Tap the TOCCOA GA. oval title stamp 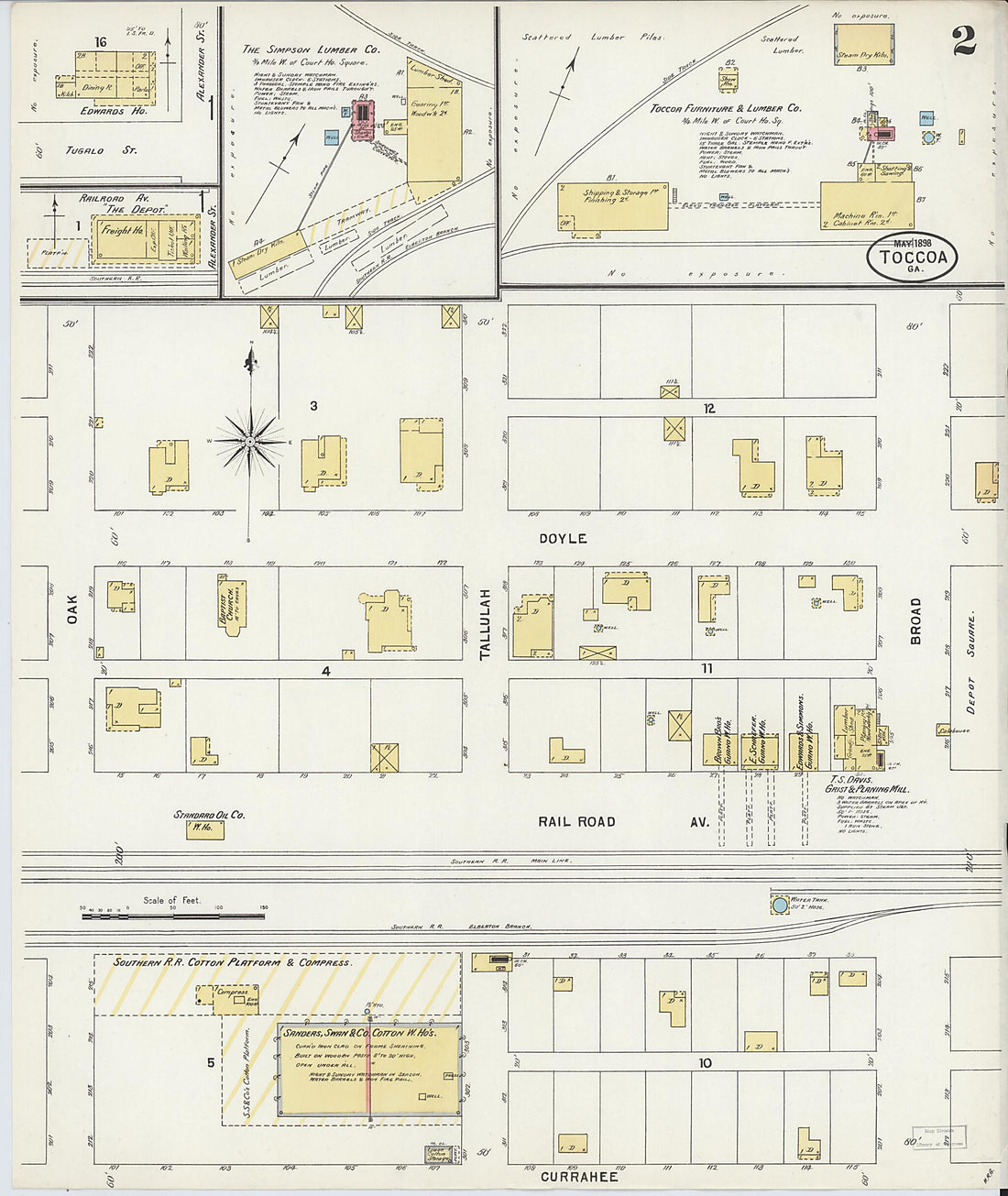pos(912,258)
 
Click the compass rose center pos(249,442)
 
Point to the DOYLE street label pos(563,539)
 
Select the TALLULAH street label pos(486,624)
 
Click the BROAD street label pos(915,620)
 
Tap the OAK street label pos(71,611)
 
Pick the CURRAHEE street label pos(579,1177)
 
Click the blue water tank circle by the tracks pos(780,905)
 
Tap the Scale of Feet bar pos(174,914)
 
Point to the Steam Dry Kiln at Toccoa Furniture pos(863,44)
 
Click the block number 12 pos(709,409)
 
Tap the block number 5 pos(210,1062)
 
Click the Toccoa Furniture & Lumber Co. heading pos(726,108)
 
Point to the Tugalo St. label pos(101,150)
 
